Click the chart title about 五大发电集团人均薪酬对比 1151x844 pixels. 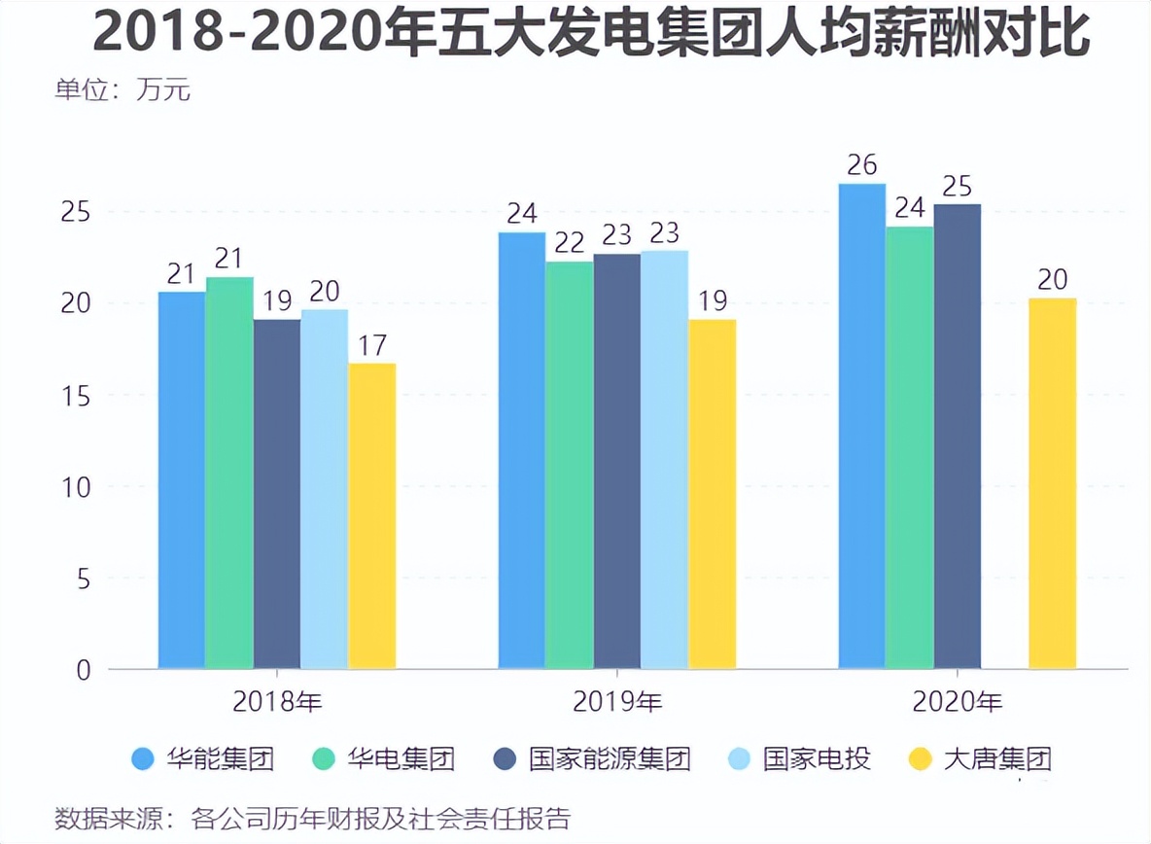coord(592,35)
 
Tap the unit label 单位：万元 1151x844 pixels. coord(122,90)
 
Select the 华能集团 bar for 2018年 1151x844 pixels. coord(182,480)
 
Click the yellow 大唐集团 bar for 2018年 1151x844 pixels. coord(372,516)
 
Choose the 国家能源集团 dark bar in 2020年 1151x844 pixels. coord(957,437)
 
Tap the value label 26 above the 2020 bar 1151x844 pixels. coord(861,165)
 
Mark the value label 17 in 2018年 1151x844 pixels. coord(372,345)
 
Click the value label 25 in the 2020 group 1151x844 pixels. coord(957,186)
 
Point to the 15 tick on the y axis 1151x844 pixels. coord(76,396)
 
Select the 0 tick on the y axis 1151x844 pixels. coord(83,670)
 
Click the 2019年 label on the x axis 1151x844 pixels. coord(617,701)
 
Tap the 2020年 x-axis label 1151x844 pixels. coord(957,701)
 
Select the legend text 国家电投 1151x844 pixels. coord(817,758)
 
